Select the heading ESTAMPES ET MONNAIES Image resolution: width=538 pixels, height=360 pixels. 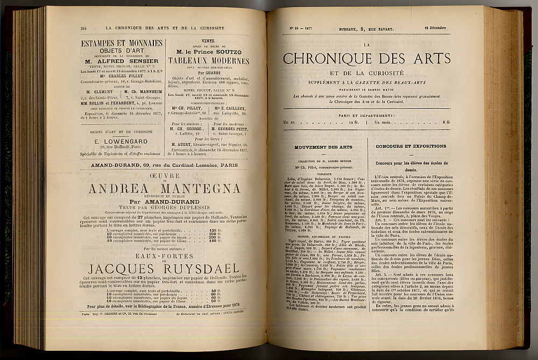tap(122, 43)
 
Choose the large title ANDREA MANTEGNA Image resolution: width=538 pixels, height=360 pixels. tap(165, 188)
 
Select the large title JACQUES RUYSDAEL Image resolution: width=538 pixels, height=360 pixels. tap(164, 268)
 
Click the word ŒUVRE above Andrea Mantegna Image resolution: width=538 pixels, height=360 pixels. tap(165, 174)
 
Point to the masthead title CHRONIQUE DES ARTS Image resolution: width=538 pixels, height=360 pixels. tap(366, 58)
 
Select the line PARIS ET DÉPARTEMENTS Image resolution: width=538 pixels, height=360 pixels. tap(366, 115)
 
